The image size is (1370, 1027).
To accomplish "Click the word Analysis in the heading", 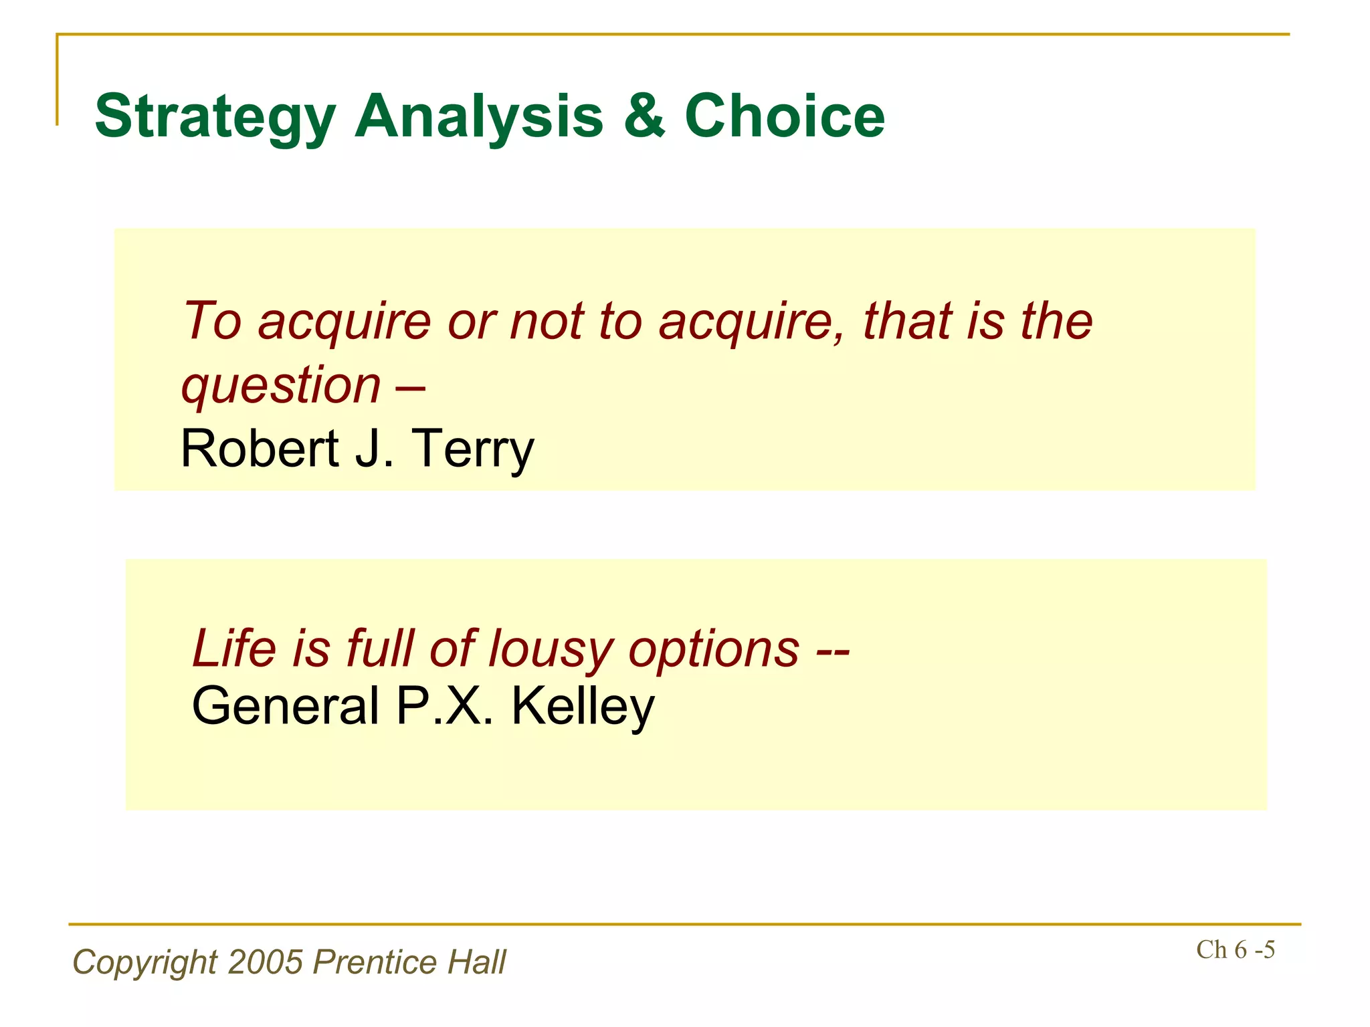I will (x=478, y=117).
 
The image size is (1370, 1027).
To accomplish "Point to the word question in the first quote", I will (x=281, y=386).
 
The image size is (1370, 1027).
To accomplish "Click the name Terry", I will (x=472, y=449).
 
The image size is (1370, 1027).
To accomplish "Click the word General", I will (x=286, y=706).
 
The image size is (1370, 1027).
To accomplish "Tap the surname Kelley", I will (x=583, y=707).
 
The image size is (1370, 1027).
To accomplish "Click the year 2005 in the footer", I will (x=266, y=962).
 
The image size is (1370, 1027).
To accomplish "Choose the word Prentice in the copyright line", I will (x=375, y=962).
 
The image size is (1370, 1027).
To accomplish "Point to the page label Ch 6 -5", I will (x=1235, y=950).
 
